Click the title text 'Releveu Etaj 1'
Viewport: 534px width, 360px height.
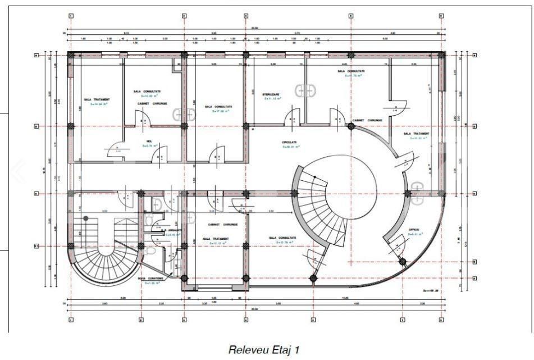[x=263, y=349]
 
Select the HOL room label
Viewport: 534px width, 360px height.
[x=149, y=142]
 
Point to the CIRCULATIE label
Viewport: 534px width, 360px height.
[x=289, y=143]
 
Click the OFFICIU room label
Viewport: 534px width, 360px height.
[x=414, y=230]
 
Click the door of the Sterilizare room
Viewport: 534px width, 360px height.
[x=293, y=119]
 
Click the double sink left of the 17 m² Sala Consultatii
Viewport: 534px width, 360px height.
[x=185, y=115]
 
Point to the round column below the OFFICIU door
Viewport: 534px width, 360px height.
[x=402, y=261]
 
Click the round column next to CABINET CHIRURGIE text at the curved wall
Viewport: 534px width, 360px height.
[x=351, y=126]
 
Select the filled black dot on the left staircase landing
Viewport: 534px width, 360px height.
[x=86, y=218]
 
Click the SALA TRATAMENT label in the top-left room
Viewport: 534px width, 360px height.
[x=97, y=99]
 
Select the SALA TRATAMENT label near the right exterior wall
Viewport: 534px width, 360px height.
[x=416, y=134]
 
